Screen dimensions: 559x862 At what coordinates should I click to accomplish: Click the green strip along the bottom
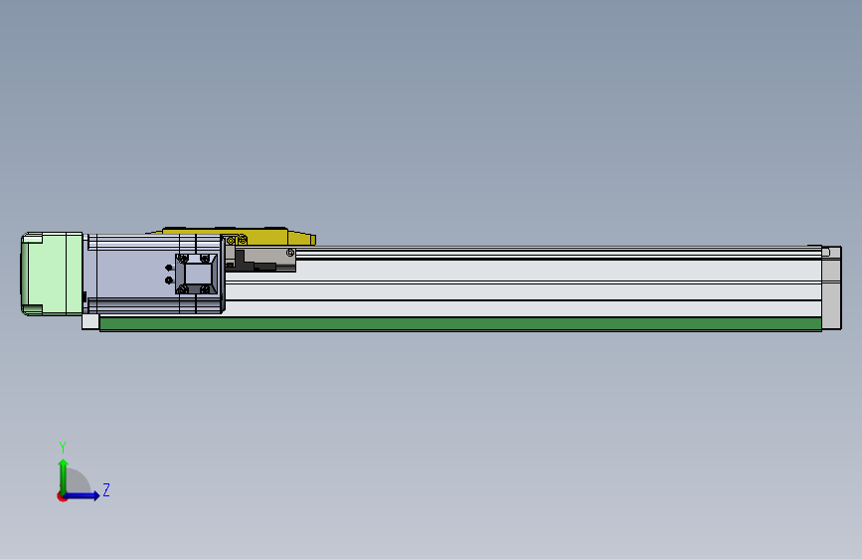pos(457,323)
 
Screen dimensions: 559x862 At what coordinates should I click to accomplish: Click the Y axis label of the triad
pos(63,447)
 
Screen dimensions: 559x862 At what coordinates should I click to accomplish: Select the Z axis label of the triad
pos(106,490)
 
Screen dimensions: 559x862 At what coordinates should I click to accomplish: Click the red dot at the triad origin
pos(63,496)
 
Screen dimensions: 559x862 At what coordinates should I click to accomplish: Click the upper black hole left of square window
pos(169,268)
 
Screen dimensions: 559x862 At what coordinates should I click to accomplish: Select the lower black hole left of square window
pos(169,279)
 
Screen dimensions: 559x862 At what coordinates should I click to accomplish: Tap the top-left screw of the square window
pos(181,259)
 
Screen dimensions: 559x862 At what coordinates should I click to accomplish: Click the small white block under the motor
pos(90,321)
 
